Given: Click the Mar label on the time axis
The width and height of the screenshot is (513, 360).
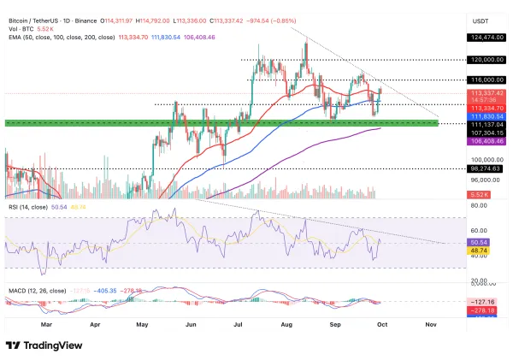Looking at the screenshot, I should [x=46, y=324].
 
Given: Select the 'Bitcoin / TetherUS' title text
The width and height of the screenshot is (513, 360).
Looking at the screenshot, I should [x=38, y=8].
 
